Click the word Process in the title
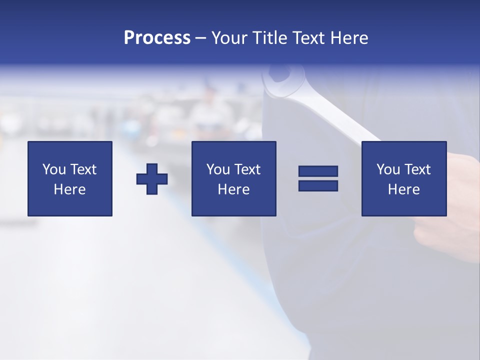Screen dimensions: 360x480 tap(157, 38)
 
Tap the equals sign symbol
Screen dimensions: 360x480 tap(318, 178)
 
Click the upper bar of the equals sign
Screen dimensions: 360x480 tap(318, 171)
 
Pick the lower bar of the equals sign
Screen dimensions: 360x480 tap(318, 185)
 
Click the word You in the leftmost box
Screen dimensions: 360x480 tap(54, 169)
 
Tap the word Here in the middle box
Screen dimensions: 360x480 tap(233, 189)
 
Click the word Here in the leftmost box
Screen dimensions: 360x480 tap(69, 189)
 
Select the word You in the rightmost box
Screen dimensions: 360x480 tap(388, 169)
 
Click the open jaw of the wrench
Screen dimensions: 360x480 tap(278, 77)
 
